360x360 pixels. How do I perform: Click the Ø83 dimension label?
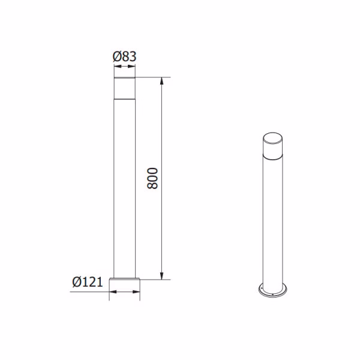(124, 56)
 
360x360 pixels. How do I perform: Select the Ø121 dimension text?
(88, 282)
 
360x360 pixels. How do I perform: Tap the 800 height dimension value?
(152, 178)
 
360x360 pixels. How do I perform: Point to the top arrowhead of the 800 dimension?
(161, 81)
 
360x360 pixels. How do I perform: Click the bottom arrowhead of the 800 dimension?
(161, 276)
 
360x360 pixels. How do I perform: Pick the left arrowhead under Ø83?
(118, 67)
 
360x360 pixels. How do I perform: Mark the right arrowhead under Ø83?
(132, 67)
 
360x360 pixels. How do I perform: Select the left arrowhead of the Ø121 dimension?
(113, 292)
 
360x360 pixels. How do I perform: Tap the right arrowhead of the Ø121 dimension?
(136, 292)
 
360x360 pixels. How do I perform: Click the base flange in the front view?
(125, 279)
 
